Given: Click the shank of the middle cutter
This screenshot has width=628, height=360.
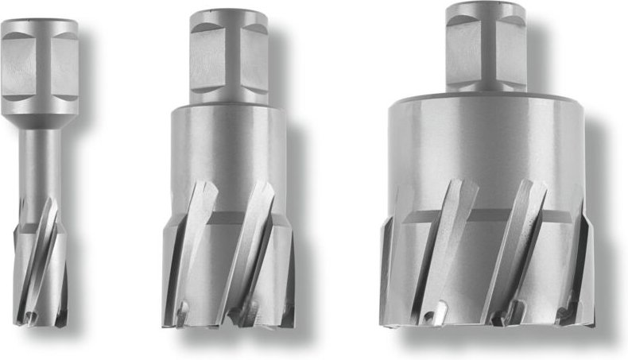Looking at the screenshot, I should [229, 60].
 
